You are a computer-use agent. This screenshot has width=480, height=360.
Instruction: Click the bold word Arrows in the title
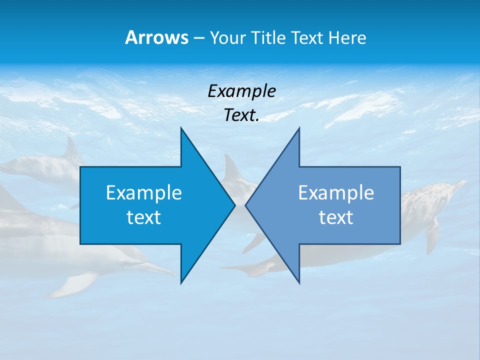click(156, 37)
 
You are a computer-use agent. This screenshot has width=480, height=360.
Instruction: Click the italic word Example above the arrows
click(241, 91)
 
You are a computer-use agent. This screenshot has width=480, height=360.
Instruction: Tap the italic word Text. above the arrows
click(241, 115)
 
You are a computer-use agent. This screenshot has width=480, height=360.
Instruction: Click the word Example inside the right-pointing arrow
click(144, 192)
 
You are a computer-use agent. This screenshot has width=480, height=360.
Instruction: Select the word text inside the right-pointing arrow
click(144, 217)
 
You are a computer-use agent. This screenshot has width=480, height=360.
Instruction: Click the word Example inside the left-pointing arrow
click(336, 192)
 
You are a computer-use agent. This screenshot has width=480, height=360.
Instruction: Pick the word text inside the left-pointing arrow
click(336, 217)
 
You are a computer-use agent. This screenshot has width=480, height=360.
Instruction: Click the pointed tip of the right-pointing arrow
click(234, 205)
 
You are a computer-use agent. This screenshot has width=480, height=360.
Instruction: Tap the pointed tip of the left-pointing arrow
click(246, 205)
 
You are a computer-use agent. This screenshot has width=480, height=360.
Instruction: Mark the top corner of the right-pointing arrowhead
click(181, 128)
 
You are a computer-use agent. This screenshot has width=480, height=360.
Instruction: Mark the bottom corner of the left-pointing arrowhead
click(299, 282)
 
